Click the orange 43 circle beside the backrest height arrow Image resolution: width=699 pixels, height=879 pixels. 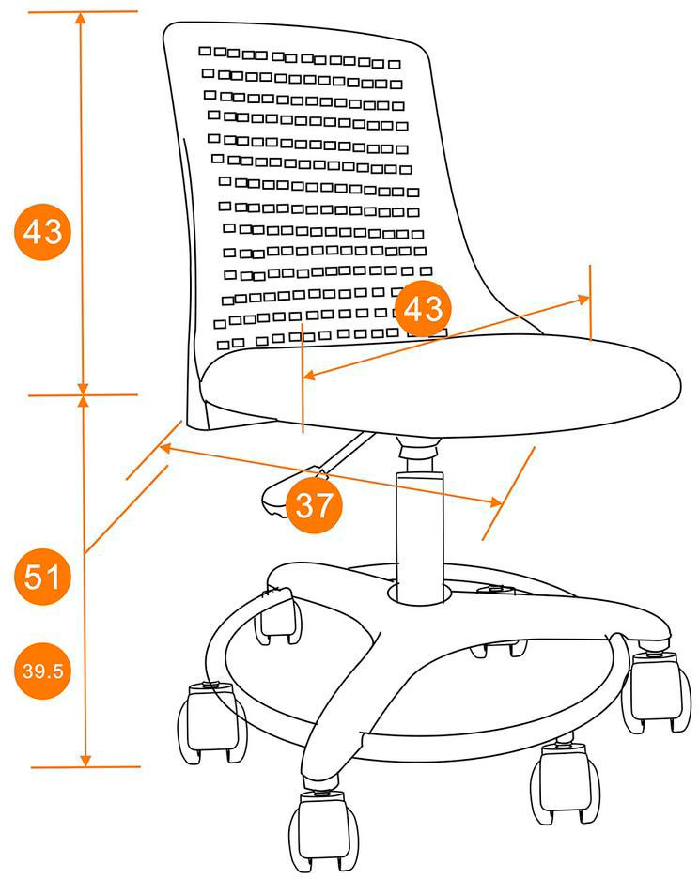pyautogui.click(x=42, y=232)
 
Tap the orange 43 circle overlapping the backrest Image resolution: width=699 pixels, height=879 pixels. pyautogui.click(x=423, y=308)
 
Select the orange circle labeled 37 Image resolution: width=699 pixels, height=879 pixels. pyautogui.click(x=314, y=505)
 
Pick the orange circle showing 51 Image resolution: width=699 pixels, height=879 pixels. pyautogui.click(x=42, y=577)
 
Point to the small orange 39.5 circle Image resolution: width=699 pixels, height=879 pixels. pyautogui.click(x=42, y=671)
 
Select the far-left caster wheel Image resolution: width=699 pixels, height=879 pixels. pyautogui.click(x=213, y=723)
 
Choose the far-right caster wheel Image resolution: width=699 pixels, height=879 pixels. pyautogui.click(x=657, y=692)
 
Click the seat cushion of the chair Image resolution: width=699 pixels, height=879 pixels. pyautogui.click(x=441, y=385)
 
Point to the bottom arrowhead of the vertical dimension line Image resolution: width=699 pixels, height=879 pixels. pyautogui.click(x=85, y=760)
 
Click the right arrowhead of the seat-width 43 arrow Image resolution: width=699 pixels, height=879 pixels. pyautogui.click(x=582, y=300)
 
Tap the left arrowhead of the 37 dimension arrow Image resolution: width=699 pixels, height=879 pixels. pyautogui.click(x=166, y=448)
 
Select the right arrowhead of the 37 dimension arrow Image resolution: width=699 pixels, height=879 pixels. pyautogui.click(x=495, y=501)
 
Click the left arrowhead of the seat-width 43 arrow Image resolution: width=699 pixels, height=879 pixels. pyautogui.click(x=309, y=376)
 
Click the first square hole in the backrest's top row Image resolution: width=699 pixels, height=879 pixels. pyautogui.click(x=205, y=51)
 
